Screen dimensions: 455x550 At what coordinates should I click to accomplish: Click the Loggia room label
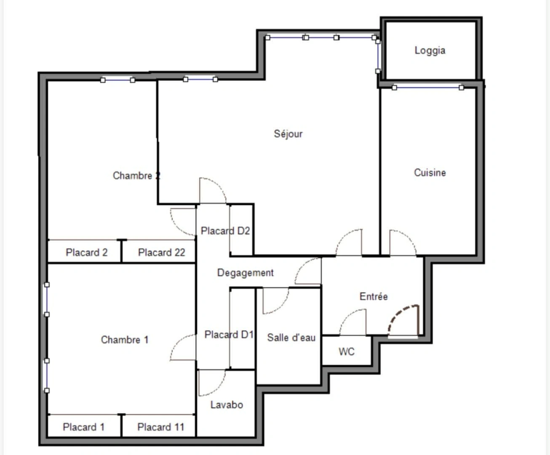[430, 51]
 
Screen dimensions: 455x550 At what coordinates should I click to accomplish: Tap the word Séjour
[288, 134]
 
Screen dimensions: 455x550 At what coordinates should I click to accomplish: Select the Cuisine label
[430, 173]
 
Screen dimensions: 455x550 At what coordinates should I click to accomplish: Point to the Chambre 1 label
[125, 340]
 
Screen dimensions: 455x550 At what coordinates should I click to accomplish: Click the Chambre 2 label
[136, 176]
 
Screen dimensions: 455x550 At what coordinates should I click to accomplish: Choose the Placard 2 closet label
[86, 253]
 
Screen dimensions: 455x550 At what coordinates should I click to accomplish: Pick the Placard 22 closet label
[161, 253]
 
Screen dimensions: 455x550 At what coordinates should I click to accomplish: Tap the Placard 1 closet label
[83, 427]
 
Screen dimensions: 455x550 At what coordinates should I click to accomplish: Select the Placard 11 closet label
[160, 427]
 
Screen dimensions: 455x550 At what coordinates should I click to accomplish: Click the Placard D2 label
[225, 231]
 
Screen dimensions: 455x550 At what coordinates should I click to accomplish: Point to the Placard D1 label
[229, 335]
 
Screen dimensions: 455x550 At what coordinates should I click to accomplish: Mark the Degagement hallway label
[245, 273]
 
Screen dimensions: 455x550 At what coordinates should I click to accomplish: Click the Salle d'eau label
[291, 338]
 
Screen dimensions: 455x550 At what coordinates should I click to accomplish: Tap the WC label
[346, 352]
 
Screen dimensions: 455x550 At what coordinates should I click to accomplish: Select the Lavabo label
[227, 405]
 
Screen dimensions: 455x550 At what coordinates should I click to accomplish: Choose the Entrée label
[373, 297]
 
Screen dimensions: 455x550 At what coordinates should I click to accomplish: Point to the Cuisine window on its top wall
[427, 88]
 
